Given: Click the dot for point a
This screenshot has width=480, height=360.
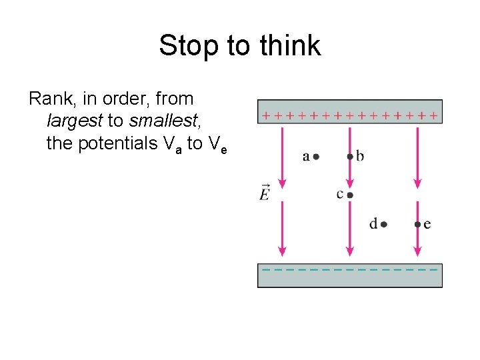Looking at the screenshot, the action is [x=316, y=157].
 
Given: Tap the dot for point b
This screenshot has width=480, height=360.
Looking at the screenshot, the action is [x=349, y=157].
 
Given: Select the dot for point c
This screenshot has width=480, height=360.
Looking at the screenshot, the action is [x=349, y=195].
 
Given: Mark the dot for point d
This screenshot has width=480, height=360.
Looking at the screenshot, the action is [x=384, y=225].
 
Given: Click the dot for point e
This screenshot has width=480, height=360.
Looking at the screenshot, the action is [x=417, y=225].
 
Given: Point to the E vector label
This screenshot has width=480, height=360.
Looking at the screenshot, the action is [x=265, y=193].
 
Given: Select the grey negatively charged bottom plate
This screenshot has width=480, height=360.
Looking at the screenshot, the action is [x=349, y=276].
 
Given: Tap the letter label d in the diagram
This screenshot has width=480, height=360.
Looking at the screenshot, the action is [x=373, y=224].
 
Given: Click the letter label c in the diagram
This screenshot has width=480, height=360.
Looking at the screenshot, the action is [x=340, y=194].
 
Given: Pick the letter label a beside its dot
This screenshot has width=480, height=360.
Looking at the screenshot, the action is [x=306, y=157].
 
